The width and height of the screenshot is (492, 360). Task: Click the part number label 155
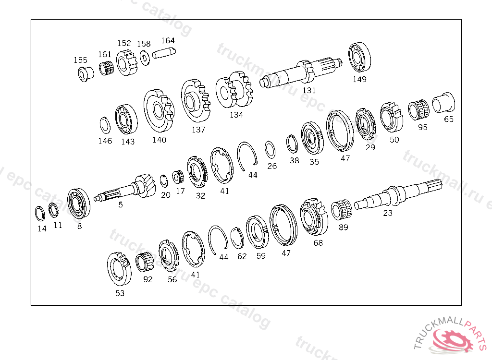(80, 60)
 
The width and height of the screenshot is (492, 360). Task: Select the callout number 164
(168, 40)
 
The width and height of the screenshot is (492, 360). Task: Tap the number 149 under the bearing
(359, 79)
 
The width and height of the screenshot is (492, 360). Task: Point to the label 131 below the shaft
(309, 90)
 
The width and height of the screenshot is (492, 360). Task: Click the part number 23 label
(388, 213)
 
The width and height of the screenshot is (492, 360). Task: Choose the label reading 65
(449, 119)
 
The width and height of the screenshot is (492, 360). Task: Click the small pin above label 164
(164, 52)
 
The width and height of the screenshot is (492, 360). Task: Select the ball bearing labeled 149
(359, 58)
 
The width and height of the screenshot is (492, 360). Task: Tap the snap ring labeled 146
(105, 125)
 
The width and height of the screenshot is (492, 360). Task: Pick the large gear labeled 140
(159, 111)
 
